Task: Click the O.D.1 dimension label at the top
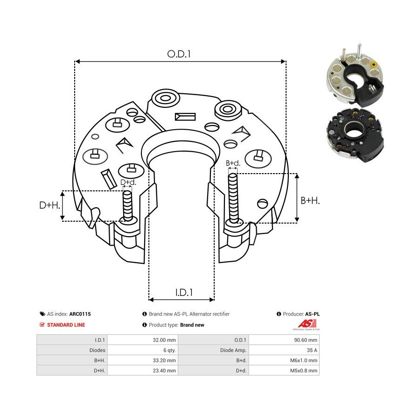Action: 179,54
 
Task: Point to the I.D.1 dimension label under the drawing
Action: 184,293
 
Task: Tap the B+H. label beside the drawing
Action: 310,201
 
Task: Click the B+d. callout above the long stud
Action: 233,163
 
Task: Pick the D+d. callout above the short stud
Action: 128,182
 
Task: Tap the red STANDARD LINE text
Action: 66,325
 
